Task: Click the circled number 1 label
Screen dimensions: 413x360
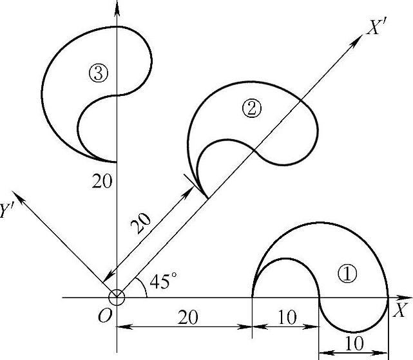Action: [347, 274]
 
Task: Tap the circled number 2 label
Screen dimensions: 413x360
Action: [251, 108]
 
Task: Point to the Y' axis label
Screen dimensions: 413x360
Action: [9, 210]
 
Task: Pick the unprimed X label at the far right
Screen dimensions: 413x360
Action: [400, 309]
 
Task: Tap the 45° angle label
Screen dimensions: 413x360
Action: [162, 281]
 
